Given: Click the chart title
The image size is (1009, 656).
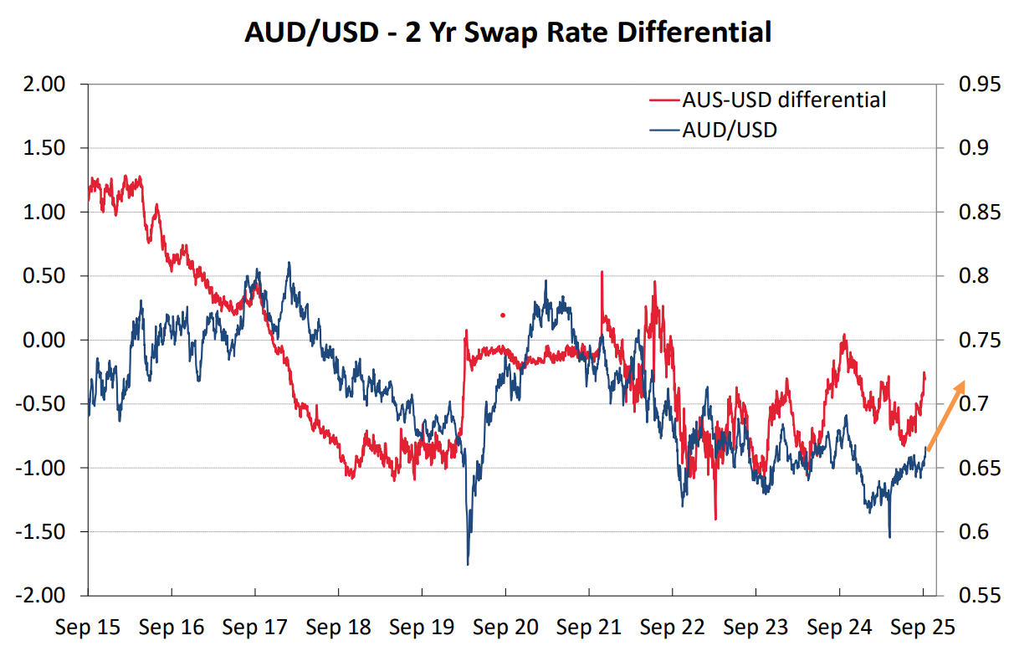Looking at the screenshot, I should tap(507, 33).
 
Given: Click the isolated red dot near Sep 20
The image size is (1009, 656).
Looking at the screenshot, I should tap(503, 315).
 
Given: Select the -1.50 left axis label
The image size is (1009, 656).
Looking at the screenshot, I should tap(42, 532).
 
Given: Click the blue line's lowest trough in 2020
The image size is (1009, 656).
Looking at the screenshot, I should tap(468, 563).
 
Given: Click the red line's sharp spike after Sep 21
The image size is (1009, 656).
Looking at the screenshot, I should tap(602, 273).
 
